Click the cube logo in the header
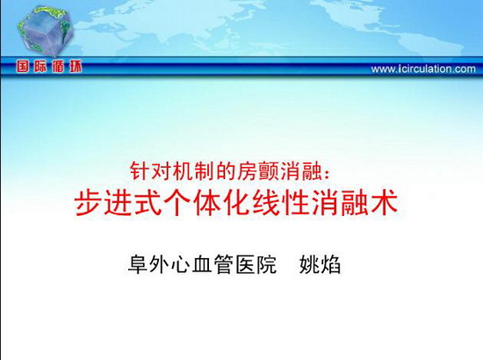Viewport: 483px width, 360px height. (x=46, y=31)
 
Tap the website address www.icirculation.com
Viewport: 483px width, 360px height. (x=423, y=68)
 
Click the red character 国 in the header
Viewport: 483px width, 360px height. (x=23, y=67)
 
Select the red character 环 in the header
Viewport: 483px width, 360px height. (x=76, y=67)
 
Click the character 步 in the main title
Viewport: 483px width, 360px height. (x=88, y=203)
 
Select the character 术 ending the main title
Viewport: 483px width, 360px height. (x=384, y=203)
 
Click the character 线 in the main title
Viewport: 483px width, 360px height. (x=266, y=203)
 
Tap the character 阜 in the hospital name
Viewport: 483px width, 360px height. (x=138, y=264)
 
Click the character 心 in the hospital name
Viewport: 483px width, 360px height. (x=181, y=264)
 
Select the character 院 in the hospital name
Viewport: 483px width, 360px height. (x=267, y=264)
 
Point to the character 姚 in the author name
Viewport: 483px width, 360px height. (x=309, y=264)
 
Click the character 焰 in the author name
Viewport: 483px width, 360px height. (x=330, y=264)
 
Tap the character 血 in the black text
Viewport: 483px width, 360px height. (x=202, y=264)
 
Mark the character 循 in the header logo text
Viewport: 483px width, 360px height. (x=58, y=67)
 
